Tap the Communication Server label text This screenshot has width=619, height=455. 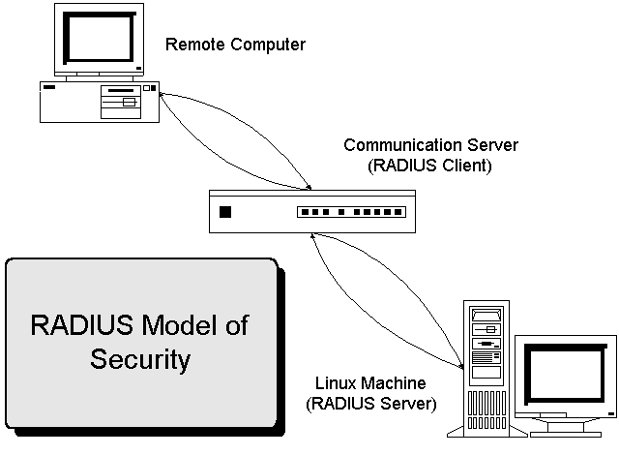click(x=431, y=145)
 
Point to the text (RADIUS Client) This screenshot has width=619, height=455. click(x=431, y=165)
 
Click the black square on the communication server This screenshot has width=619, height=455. click(x=226, y=212)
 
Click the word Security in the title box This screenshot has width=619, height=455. click(x=140, y=360)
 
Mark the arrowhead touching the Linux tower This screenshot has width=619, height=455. click(x=459, y=367)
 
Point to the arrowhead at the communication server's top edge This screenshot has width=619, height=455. click(x=308, y=185)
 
